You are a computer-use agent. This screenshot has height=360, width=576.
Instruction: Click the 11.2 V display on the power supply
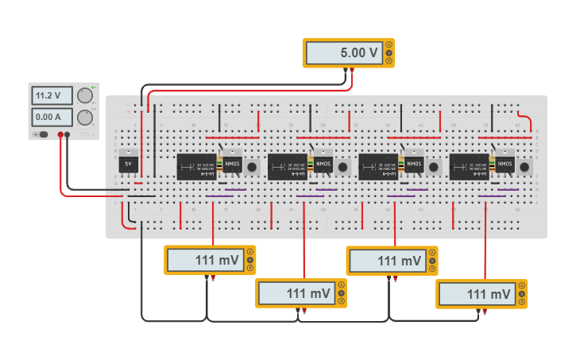point(52,96)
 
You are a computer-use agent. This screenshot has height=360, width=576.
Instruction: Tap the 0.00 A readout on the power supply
point(52,118)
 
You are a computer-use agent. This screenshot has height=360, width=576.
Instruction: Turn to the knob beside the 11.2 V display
point(85,97)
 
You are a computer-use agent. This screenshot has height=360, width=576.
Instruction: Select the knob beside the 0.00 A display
point(85,118)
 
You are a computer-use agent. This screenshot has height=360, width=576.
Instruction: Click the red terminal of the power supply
point(60,135)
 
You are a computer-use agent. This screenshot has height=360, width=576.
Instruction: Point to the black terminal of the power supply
point(68,135)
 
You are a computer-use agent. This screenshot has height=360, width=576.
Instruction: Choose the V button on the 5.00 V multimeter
point(389,53)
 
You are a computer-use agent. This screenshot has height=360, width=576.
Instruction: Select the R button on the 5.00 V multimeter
point(389,61)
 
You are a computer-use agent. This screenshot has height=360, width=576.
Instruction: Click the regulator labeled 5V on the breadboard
point(129,165)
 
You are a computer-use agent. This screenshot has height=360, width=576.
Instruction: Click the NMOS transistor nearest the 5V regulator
point(231,165)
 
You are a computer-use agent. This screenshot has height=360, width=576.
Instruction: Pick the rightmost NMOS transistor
point(505,165)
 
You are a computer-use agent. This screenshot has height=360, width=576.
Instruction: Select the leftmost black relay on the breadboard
point(195,167)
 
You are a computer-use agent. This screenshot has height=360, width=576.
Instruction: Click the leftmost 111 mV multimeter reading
point(205,261)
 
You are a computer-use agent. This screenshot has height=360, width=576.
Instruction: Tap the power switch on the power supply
point(42,135)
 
